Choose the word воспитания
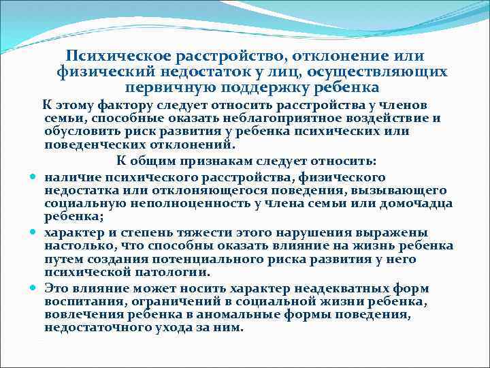point(81,302)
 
